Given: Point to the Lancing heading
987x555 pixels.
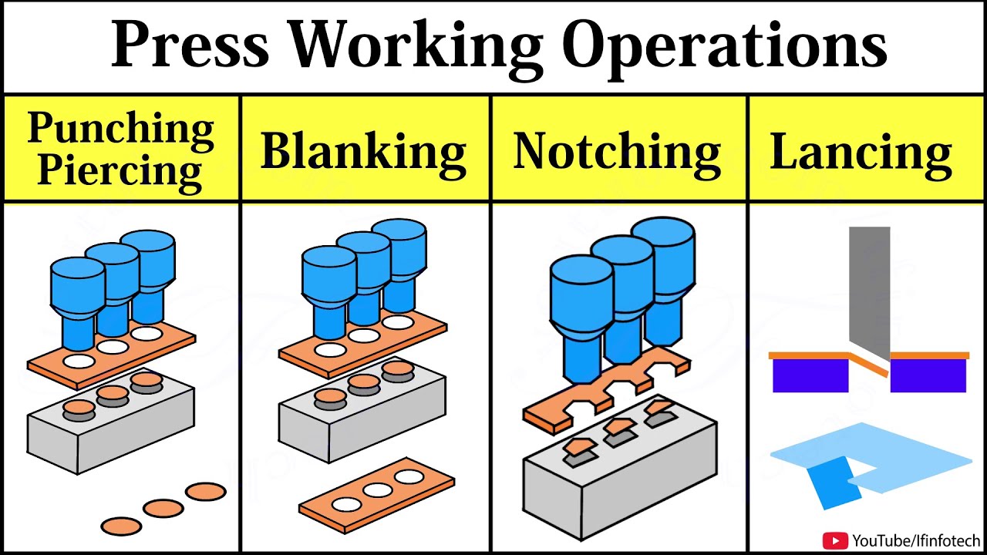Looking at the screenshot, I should [861, 152].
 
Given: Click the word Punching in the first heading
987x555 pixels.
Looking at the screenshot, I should [120, 129].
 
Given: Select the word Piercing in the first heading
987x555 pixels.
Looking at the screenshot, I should [120, 170].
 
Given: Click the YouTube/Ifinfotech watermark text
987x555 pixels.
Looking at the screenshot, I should [916, 540].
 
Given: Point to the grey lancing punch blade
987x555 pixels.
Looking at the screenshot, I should [869, 285].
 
